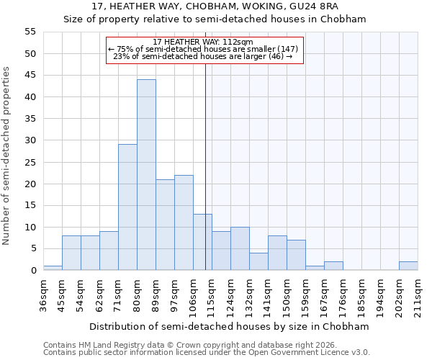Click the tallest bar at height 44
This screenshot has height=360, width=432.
146,175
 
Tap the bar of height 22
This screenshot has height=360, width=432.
184,222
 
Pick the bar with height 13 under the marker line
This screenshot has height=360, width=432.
202,242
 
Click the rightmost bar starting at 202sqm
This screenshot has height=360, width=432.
408,266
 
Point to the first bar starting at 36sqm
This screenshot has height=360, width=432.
53,268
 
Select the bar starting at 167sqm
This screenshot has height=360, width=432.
333,266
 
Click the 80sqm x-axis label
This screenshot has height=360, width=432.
137,295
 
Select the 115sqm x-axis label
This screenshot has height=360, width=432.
212,295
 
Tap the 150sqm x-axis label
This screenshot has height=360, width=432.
287,295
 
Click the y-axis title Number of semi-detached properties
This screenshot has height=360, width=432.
7,156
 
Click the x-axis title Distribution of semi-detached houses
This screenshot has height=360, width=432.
230,326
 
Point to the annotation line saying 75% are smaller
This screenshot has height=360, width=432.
204,49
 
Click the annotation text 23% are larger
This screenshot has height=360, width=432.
204,56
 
